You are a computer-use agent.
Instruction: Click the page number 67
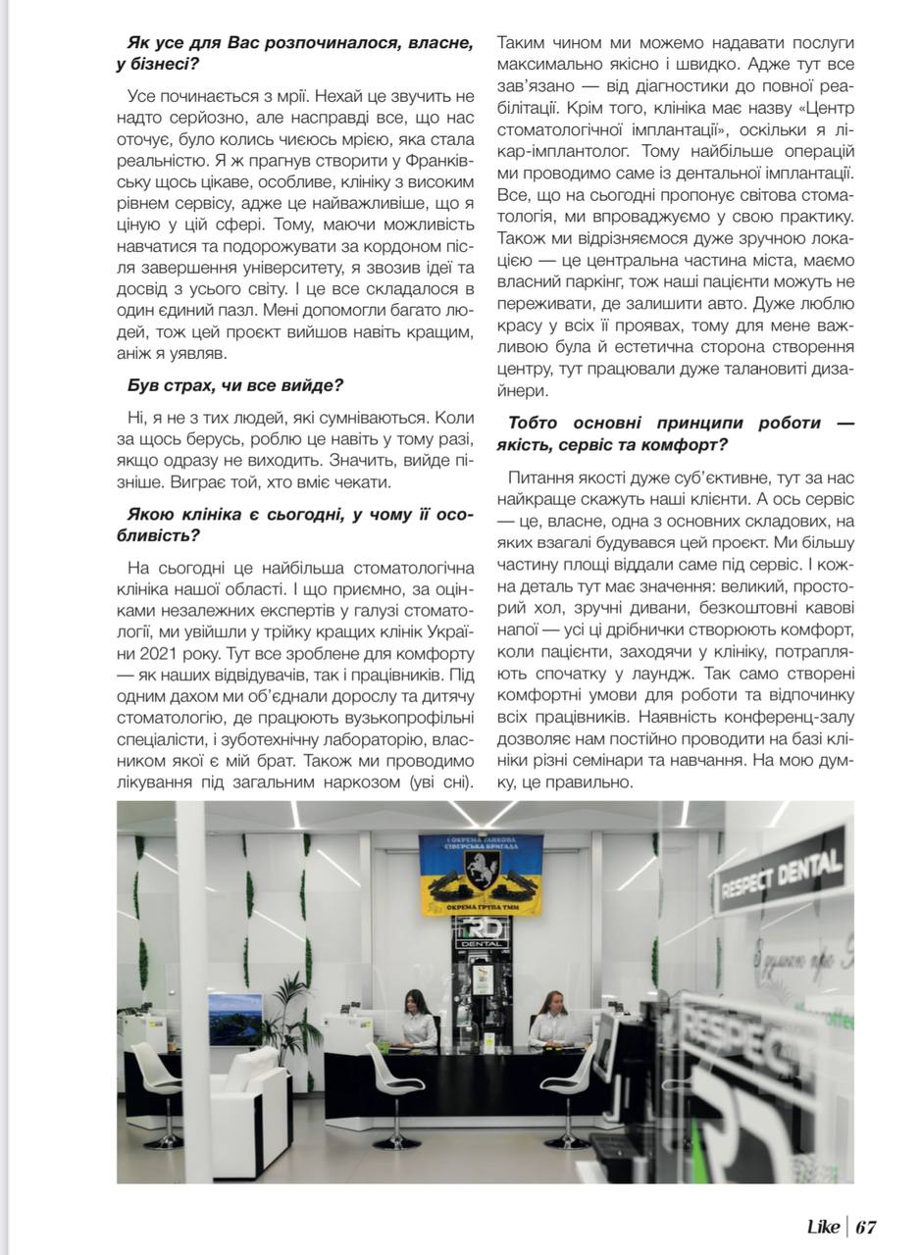[865, 1227]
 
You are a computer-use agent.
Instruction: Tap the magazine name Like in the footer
[822, 1227]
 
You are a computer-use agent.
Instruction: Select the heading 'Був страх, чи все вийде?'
[234, 385]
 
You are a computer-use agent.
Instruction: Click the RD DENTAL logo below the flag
[482, 931]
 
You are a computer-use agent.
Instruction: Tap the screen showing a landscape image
[235, 1019]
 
